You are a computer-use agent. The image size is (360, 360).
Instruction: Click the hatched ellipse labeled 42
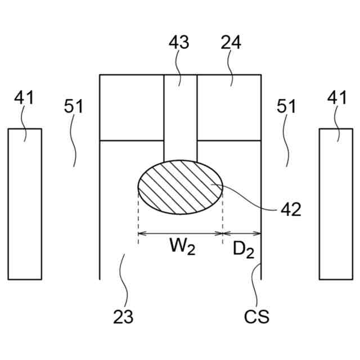181,187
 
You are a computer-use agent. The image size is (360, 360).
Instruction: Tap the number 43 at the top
179,43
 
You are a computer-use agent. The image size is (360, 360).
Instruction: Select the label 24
231,43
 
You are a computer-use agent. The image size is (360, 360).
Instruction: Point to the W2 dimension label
181,247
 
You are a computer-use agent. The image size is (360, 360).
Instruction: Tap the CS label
256,317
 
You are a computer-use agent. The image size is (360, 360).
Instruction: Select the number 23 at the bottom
123,317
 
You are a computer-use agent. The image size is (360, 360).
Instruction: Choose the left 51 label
73,106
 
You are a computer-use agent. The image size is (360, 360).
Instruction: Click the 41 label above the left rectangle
24,98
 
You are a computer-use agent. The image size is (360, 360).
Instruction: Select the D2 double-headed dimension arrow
242,233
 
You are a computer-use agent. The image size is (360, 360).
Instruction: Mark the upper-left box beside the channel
132,107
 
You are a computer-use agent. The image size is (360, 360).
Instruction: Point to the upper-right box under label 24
229,107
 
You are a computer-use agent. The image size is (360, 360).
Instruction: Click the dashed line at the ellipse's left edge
138,219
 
